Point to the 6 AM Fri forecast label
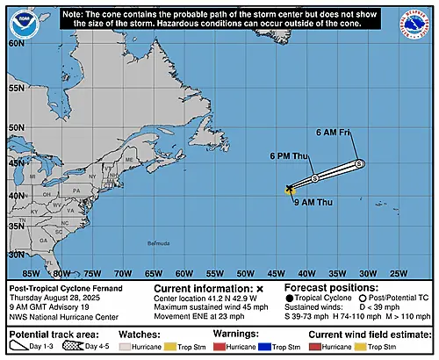click(333, 133)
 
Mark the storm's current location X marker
click(290, 188)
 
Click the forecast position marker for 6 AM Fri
click(359, 164)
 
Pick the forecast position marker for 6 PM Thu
click(315, 178)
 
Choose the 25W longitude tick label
click(397, 272)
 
